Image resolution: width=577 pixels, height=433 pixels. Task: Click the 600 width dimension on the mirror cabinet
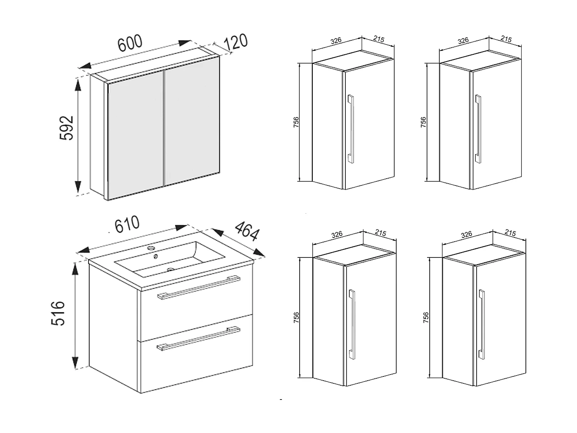130,43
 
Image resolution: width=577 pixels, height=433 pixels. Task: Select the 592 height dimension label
67,128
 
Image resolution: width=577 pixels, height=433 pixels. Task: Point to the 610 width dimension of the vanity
127,225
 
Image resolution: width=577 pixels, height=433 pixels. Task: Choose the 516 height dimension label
58,314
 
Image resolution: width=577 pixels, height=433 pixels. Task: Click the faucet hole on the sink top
152,248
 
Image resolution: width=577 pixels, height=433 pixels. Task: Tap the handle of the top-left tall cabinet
350,129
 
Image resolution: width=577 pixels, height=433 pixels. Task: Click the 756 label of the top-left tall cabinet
296,122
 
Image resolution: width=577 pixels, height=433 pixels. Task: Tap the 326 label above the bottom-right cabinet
466,234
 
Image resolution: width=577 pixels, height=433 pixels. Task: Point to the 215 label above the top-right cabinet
506,39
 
